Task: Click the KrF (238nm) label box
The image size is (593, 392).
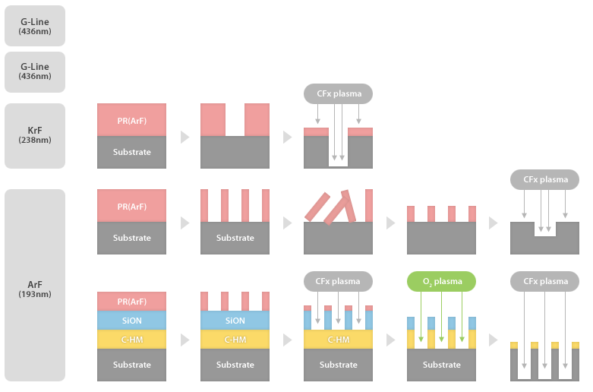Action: (35, 135)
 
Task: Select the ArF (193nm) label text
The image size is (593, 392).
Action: (35, 289)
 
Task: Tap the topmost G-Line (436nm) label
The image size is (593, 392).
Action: (35, 26)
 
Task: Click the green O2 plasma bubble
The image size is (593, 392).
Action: (441, 281)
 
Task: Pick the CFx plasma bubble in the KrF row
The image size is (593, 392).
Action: (338, 94)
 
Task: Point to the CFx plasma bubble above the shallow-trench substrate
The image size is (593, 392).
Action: (544, 180)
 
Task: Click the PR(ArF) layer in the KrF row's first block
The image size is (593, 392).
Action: (131, 119)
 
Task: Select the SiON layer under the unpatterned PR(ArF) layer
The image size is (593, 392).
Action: (131, 321)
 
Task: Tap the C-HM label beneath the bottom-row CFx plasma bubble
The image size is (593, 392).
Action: (338, 340)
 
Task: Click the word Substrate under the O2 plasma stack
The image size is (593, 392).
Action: (441, 365)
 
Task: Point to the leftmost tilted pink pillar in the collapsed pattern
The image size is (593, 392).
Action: (318, 206)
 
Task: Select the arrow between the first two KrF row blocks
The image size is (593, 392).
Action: (184, 137)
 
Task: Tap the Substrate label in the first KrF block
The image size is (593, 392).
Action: (131, 152)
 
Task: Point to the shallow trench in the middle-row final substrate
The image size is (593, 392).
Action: (544, 229)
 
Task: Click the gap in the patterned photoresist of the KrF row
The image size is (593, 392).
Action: (235, 119)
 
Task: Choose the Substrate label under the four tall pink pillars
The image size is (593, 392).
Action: (235, 238)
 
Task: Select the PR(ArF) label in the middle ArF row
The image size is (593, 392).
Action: (131, 206)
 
